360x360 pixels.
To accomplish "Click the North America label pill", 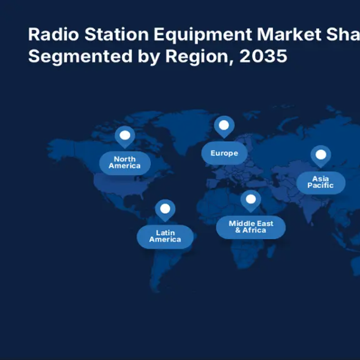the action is pyautogui.click(x=125, y=163).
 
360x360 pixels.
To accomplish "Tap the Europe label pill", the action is pyautogui.click(x=224, y=153).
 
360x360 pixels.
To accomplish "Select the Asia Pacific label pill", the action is pyautogui.click(x=321, y=183).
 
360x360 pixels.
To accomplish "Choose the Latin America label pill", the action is pyautogui.click(x=165, y=237).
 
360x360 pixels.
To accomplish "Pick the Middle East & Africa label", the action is pyautogui.click(x=251, y=227).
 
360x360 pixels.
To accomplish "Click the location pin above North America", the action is pyautogui.click(x=125, y=137).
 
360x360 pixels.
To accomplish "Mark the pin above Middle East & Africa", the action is pyautogui.click(x=251, y=201).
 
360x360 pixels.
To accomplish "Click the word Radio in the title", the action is pyautogui.click(x=53, y=34).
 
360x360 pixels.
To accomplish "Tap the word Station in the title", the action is pyautogui.click(x=116, y=34).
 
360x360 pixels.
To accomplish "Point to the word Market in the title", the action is pyautogui.click(x=289, y=34).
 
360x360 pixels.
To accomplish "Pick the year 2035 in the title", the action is pyautogui.click(x=263, y=56).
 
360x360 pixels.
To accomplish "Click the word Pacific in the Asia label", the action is pyautogui.click(x=321, y=185).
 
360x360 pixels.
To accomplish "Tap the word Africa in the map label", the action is pyautogui.click(x=254, y=230).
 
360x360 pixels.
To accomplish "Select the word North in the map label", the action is pyautogui.click(x=125, y=159).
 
